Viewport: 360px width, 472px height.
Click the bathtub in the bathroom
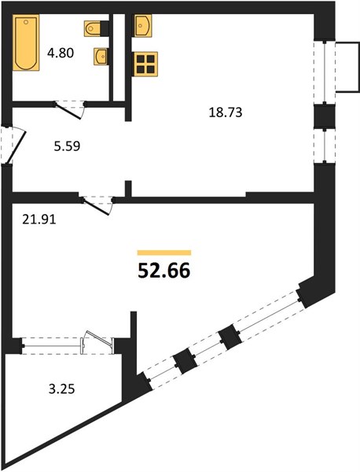pyautogui.click(x=26, y=42)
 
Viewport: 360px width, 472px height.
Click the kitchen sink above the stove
pyautogui.click(x=142, y=26)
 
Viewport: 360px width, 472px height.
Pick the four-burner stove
pyautogui.click(x=145, y=65)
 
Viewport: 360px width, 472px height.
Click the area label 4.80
pyautogui.click(x=61, y=53)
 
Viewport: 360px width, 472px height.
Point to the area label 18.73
pyautogui.click(x=226, y=112)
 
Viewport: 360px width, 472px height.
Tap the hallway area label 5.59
pyautogui.click(x=67, y=146)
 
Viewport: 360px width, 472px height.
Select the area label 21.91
pyautogui.click(x=39, y=219)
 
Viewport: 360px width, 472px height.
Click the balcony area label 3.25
pyautogui.click(x=61, y=389)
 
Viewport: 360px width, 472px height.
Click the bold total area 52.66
pyautogui.click(x=164, y=271)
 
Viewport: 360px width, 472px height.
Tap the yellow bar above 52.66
pyautogui.click(x=164, y=253)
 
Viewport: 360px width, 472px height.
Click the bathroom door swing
pyautogui.click(x=70, y=109)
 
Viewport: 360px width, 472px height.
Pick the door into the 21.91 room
pyautogui.click(x=97, y=205)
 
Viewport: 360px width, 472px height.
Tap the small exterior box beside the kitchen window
pyautogui.click(x=347, y=67)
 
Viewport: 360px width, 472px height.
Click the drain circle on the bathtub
pyautogui.click(x=26, y=22)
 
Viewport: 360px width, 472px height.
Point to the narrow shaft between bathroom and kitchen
pyautogui.click(x=119, y=57)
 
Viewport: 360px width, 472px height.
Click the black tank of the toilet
pyautogui.click(x=105, y=28)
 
